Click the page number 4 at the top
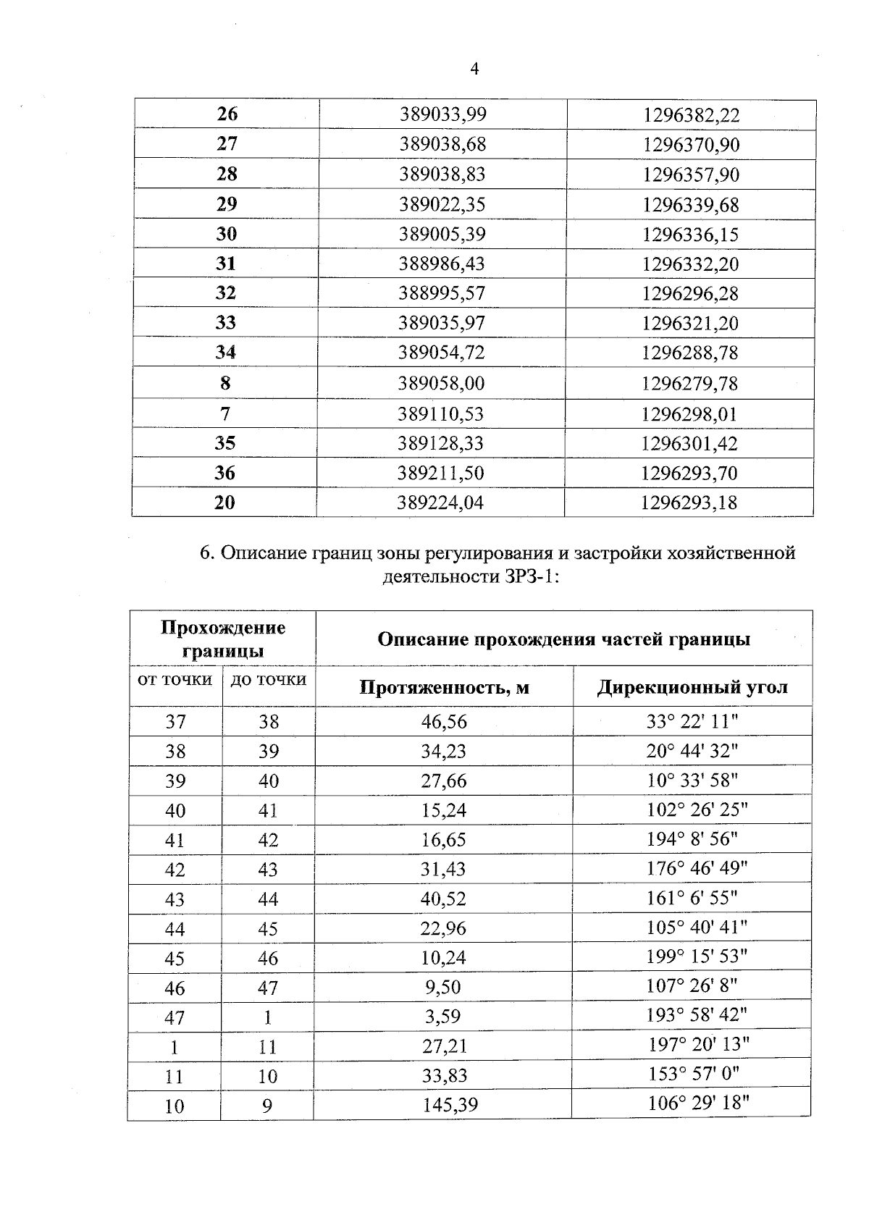pos(474,70)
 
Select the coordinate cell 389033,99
pos(442,114)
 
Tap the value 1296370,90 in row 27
pos(691,145)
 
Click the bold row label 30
pos(226,234)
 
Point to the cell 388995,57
pos(441,293)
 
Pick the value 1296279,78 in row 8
pos(689,383)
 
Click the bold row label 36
pos(224,473)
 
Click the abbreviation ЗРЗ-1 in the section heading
pos(527,577)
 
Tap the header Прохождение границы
pos(222,639)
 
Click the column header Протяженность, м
pos(444,687)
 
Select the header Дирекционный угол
pos(692,687)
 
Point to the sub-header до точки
pos(268,680)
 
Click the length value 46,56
pos(444,721)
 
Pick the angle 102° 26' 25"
pos(696,809)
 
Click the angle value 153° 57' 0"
pos(693,1074)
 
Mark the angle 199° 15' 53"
pos(696,956)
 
